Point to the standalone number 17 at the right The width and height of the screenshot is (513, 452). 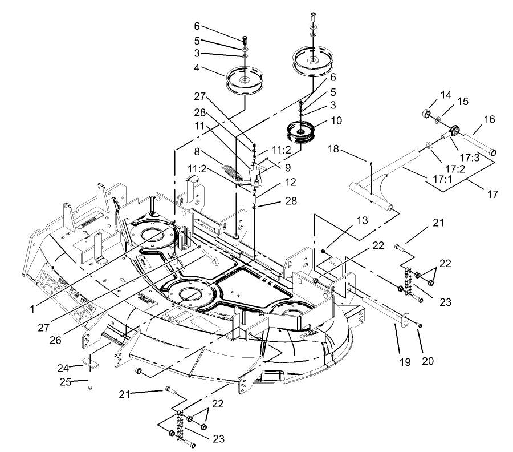point(492,195)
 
